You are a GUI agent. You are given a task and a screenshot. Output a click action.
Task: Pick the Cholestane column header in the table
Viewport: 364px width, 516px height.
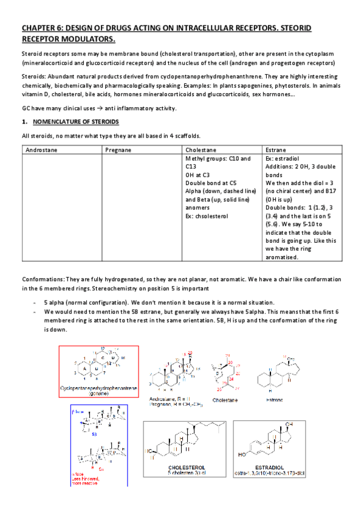(201, 149)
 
